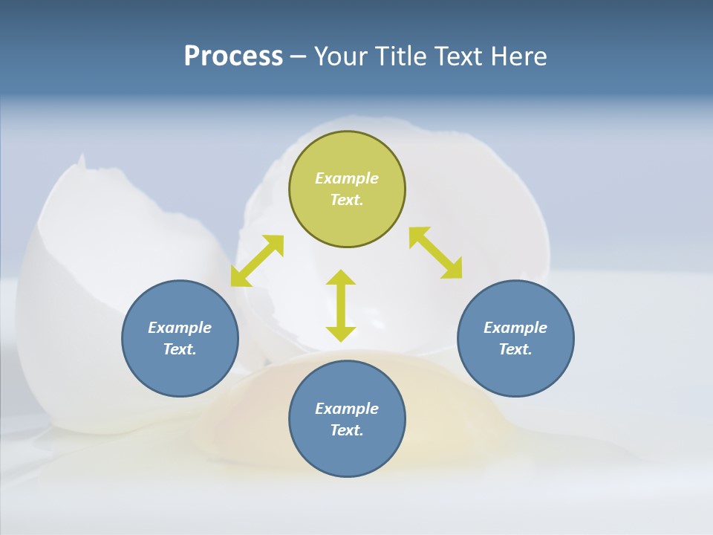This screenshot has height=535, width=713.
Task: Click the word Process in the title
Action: click(x=233, y=56)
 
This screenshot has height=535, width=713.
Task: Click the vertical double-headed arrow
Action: click(x=341, y=305)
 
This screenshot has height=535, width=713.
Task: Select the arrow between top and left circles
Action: click(x=257, y=261)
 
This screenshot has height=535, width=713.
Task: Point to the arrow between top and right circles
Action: click(x=436, y=253)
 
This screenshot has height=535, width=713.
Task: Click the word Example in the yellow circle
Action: click(x=347, y=178)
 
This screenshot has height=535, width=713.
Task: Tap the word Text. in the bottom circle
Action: click(x=347, y=430)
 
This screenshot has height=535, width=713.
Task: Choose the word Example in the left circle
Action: click(x=180, y=328)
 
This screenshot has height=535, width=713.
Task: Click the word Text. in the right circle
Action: click(x=515, y=349)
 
